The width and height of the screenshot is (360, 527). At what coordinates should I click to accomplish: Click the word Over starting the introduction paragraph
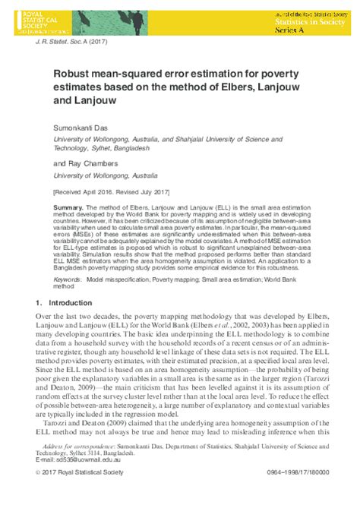pyautogui.click(x=45, y=315)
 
